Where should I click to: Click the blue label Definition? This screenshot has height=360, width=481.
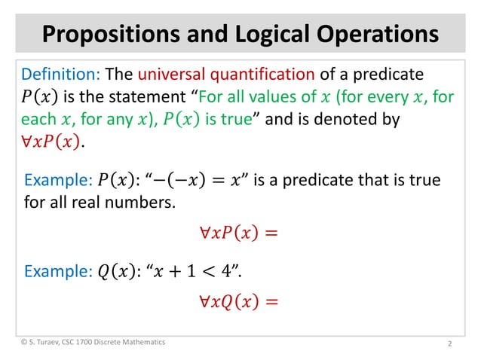(61, 75)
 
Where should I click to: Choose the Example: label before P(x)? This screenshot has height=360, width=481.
(58, 181)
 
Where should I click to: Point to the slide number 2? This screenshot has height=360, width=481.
(449, 344)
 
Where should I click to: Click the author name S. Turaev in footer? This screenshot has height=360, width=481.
(52, 343)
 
